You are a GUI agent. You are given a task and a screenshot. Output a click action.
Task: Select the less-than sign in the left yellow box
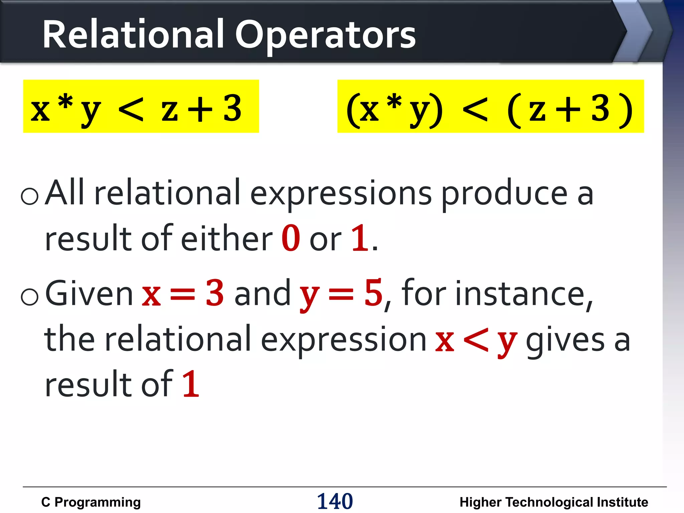click(131, 110)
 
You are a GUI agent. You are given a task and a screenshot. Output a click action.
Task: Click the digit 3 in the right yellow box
click(600, 109)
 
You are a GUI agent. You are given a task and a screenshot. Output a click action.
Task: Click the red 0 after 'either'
click(291, 238)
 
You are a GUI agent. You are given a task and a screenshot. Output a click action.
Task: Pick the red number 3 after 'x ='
click(214, 293)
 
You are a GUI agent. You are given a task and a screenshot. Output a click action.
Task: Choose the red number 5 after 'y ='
click(373, 293)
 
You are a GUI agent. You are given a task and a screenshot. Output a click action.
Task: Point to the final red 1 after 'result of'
click(191, 384)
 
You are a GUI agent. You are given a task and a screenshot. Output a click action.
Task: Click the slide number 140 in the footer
click(335, 501)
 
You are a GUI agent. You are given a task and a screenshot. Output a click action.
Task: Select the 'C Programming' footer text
click(91, 502)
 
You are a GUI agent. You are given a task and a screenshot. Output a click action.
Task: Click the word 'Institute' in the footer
click(622, 502)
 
